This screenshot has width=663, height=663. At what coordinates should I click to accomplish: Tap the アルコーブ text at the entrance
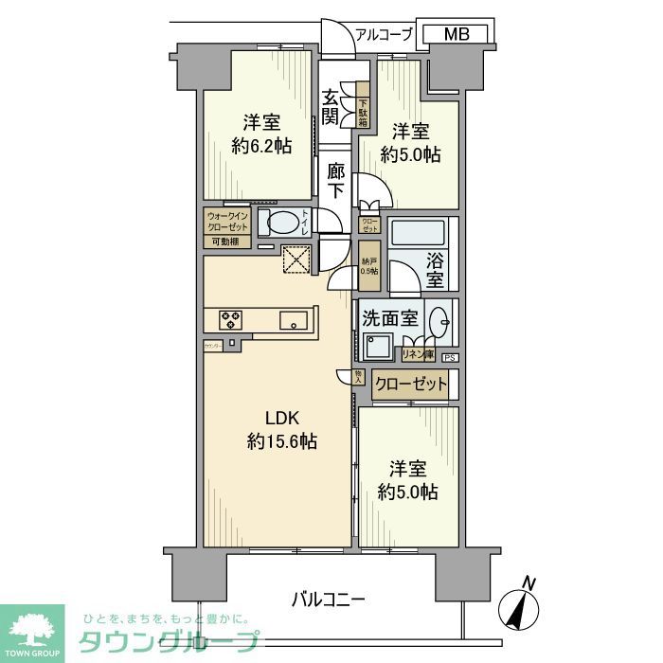pos(384,35)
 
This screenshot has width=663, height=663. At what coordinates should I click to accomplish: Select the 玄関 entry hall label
pos(331,107)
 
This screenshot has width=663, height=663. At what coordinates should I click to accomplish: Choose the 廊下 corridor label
pos(336,181)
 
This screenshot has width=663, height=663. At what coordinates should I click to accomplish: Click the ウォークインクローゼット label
pos(227,221)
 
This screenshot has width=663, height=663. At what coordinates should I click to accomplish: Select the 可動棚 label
pos(224,242)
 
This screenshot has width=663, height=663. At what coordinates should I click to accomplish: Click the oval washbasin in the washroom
pos(439,321)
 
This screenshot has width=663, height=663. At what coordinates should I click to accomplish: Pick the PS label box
pos(449,357)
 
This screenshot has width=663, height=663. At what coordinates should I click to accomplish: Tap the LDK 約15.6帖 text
pos(281,429)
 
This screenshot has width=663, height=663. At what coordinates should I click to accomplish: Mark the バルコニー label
pos(328,599)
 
